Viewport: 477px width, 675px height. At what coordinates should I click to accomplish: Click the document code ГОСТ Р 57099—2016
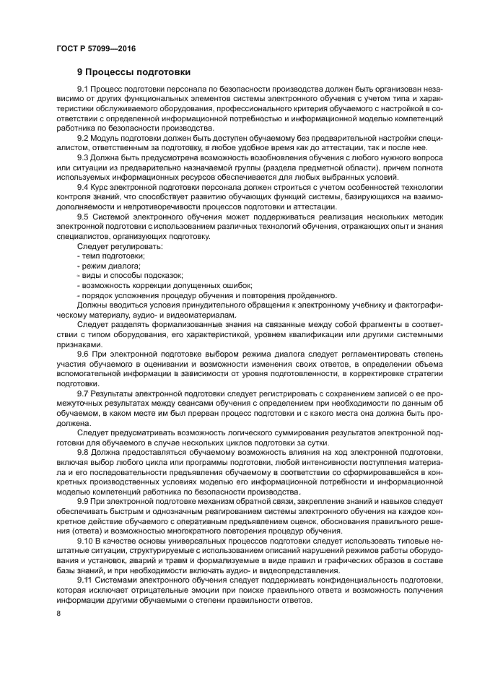click(x=95, y=49)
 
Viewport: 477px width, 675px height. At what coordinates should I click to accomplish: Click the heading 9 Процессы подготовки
click(x=134, y=72)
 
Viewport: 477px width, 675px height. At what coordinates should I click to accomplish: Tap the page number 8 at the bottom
click(x=58, y=612)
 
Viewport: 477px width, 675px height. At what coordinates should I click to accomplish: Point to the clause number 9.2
click(x=83, y=137)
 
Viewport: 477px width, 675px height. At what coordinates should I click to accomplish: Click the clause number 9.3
click(x=83, y=157)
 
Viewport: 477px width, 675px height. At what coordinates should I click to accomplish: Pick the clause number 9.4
click(x=83, y=186)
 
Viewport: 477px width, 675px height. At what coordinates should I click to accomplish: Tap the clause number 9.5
click(x=83, y=216)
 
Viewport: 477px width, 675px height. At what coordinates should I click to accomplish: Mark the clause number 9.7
click(x=83, y=393)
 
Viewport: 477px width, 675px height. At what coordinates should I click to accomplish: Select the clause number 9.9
click(x=83, y=500)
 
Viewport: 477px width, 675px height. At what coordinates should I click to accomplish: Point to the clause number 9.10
click(x=85, y=539)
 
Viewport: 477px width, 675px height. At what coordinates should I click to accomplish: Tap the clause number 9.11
click(x=85, y=579)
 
